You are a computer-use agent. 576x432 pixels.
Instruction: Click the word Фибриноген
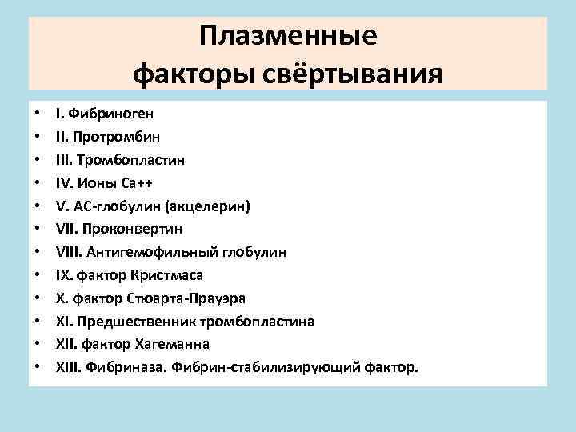[x=108, y=113]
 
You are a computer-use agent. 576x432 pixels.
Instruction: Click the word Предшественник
[x=137, y=322]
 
